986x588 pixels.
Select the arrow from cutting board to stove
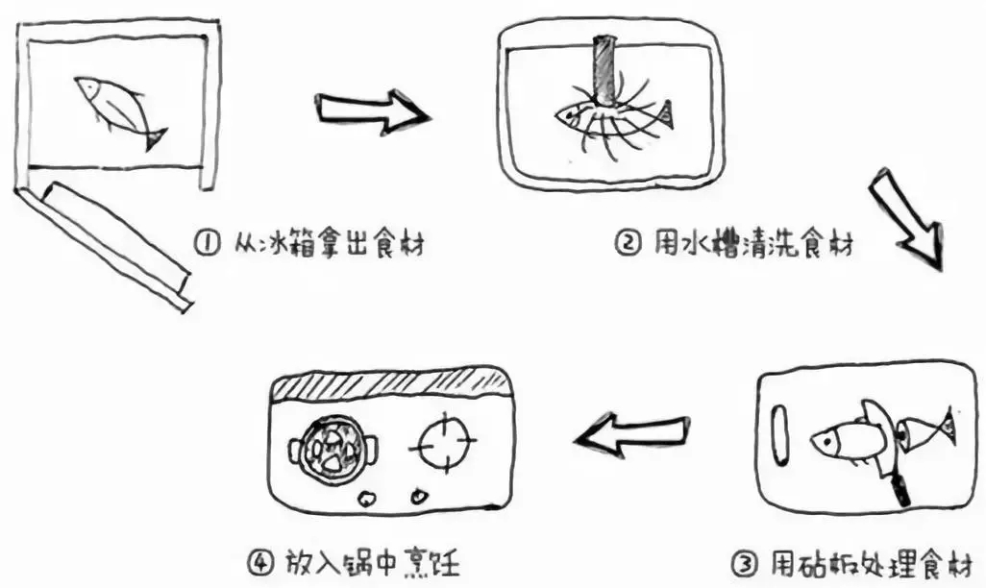pyautogui.click(x=632, y=433)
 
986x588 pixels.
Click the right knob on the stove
pyautogui.click(x=418, y=497)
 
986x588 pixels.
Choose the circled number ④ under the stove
pyautogui.click(x=262, y=561)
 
